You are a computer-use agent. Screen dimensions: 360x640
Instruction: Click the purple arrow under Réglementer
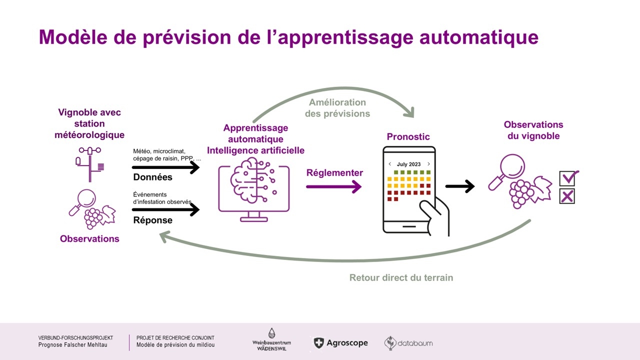point(333,187)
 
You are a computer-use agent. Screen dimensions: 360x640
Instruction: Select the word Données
point(152,177)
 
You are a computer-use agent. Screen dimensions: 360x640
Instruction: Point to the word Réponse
point(152,220)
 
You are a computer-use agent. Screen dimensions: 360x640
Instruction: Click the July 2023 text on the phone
point(408,164)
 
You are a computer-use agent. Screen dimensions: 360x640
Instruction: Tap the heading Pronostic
point(408,136)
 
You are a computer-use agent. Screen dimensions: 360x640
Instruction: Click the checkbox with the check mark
point(567,178)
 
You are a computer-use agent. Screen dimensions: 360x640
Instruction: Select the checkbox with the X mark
point(567,196)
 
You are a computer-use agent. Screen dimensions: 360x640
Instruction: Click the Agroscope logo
point(341,343)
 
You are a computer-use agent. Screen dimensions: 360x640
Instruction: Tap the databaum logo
point(408,343)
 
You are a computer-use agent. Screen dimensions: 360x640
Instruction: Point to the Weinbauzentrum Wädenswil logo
point(271,340)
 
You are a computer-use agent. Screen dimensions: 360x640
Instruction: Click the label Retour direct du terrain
point(401,277)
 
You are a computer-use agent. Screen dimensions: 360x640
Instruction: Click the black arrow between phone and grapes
point(459,186)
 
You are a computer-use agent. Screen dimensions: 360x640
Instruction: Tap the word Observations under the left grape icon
point(89,238)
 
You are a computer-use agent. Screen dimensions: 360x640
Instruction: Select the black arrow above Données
point(165,168)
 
